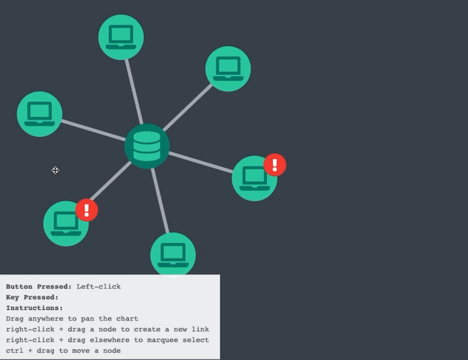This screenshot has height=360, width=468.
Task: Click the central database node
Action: [147, 146]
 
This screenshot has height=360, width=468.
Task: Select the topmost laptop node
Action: [121, 37]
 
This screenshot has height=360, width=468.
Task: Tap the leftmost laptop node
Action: [39, 114]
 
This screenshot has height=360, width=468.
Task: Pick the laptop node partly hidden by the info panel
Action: [173, 254]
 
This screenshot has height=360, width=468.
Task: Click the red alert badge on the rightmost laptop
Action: [275, 164]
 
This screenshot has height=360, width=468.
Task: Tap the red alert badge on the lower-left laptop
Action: [87, 210]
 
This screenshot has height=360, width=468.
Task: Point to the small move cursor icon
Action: [55, 170]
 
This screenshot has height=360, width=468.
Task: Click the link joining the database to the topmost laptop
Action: [133, 89]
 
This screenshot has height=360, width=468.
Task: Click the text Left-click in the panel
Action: [98, 287]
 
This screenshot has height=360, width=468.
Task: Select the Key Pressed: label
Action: [32, 297]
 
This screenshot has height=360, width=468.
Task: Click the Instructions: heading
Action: [34, 308]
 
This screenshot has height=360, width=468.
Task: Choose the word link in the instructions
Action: [199, 329]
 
